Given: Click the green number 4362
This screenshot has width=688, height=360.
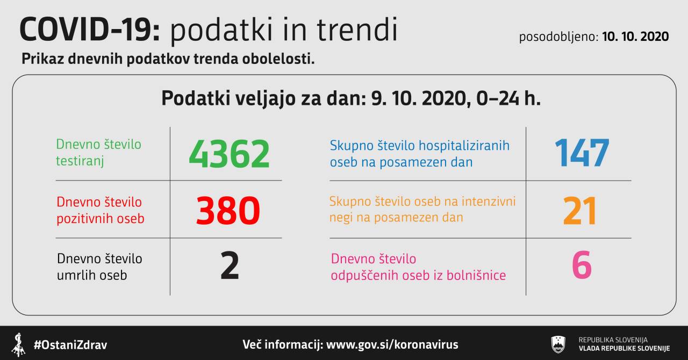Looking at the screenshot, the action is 229,154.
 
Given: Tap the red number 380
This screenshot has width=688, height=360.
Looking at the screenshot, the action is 228,211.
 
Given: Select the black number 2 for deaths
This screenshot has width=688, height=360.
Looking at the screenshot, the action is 230,265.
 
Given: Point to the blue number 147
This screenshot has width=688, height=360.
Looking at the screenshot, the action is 582,153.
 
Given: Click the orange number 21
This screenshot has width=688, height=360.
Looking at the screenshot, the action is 580,211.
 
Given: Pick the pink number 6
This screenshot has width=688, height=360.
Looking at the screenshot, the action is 582,265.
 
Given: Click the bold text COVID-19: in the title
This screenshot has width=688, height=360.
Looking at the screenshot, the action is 90,30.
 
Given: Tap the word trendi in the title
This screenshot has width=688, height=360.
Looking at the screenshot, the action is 357,29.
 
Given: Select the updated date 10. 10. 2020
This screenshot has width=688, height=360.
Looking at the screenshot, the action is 635,37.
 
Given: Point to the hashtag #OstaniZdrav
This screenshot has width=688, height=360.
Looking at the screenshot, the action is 70,345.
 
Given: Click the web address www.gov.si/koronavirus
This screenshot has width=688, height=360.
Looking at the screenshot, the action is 392,344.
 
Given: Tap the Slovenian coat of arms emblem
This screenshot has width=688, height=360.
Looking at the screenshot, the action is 558,344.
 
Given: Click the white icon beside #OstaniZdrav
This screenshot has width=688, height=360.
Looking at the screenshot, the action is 19,344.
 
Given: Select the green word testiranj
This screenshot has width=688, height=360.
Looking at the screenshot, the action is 80,161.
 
